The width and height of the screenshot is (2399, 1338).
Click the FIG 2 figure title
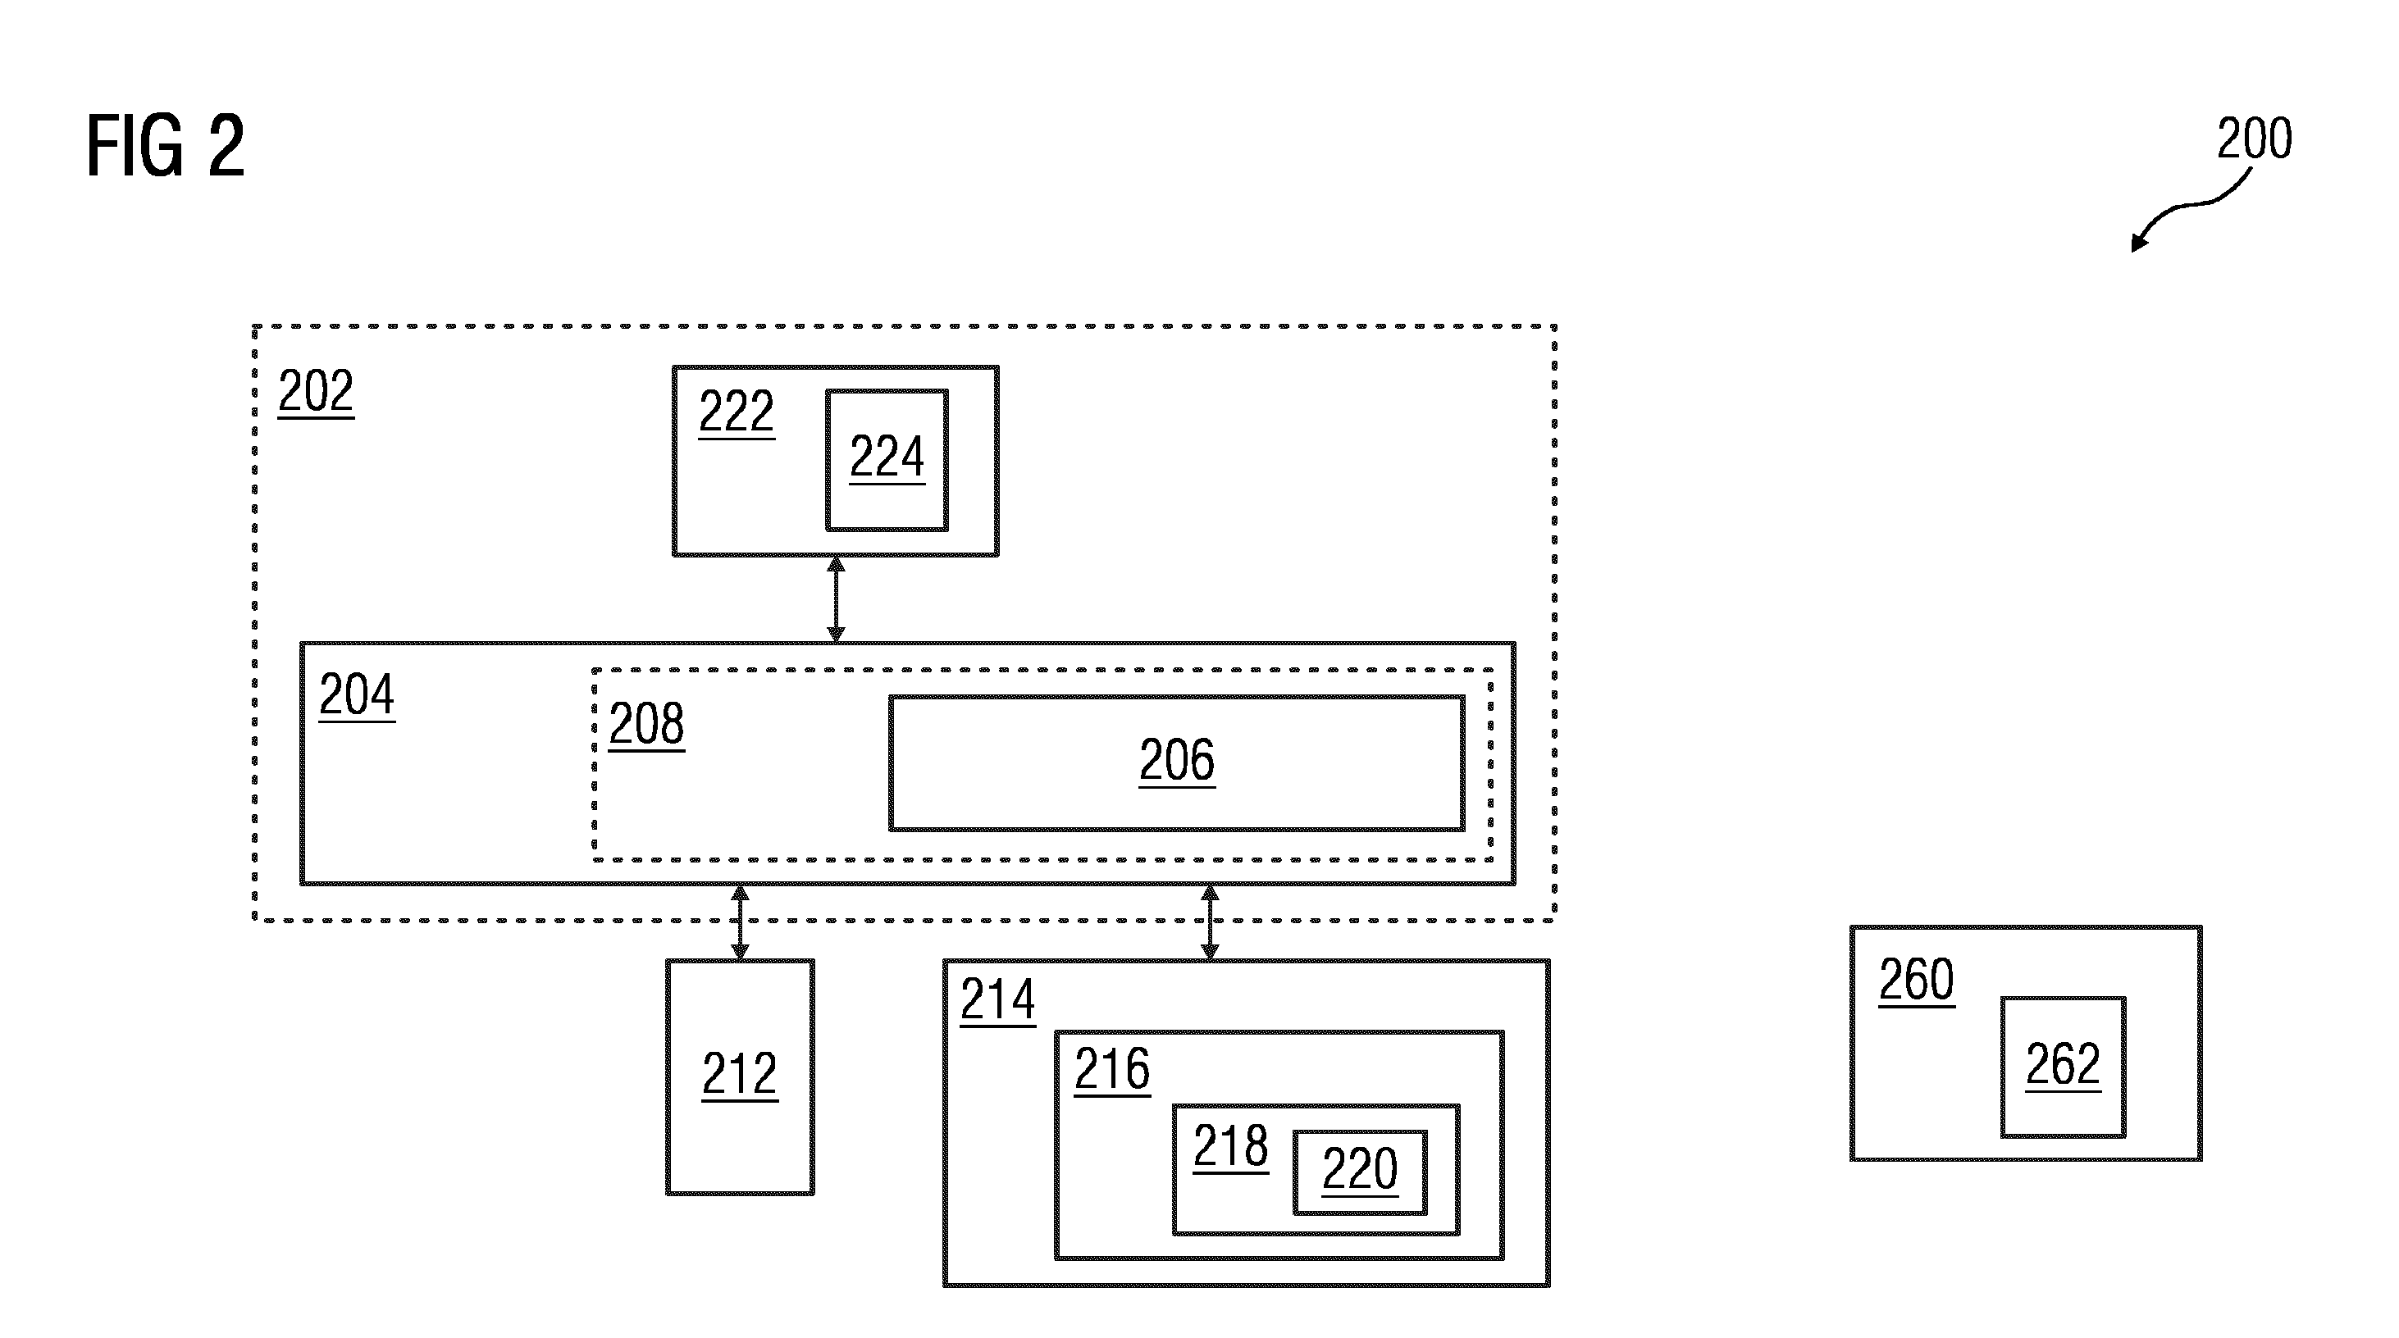point(166,145)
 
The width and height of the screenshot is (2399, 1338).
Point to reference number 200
point(2254,139)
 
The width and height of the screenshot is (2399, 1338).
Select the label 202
point(316,391)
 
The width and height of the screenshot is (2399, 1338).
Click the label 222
point(737,412)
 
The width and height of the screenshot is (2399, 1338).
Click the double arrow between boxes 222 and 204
point(836,598)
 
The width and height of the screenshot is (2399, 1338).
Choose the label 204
point(357,694)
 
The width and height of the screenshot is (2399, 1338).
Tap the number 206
point(1177,761)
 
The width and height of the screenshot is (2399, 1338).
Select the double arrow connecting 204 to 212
point(740,922)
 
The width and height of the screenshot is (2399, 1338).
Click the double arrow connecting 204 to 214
point(1210,922)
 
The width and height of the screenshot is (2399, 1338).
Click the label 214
point(997,1000)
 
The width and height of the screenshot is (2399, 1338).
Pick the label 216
point(1112,1069)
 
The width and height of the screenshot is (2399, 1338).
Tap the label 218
point(1230,1146)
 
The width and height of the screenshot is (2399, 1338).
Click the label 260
point(1916,980)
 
